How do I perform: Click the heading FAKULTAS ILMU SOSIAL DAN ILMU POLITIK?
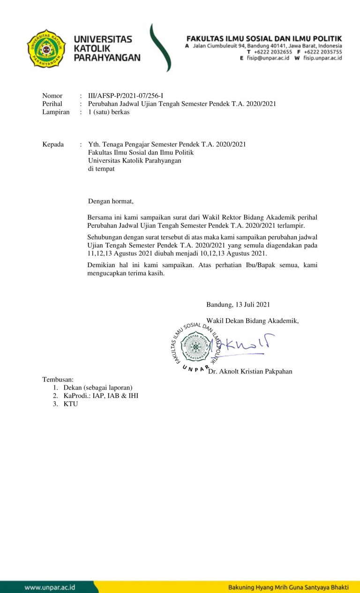pyautogui.click(x=264, y=38)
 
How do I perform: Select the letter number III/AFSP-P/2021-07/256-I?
pyautogui.click(x=126, y=96)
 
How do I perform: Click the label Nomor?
pyautogui.click(x=52, y=96)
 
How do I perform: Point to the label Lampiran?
pyautogui.click(x=56, y=112)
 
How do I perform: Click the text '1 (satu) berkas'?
pyautogui.click(x=109, y=112)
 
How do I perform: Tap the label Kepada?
pyautogui.click(x=53, y=144)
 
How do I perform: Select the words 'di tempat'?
pyautogui.click(x=101, y=168)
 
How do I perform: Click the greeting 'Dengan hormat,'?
pyautogui.click(x=111, y=201)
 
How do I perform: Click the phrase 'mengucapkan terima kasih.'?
pyautogui.click(x=126, y=274)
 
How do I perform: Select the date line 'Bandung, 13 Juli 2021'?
pyautogui.click(x=238, y=304)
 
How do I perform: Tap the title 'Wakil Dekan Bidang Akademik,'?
pyautogui.click(x=253, y=321)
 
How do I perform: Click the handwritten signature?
pyautogui.click(x=244, y=345)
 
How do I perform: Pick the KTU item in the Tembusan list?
pyautogui.click(x=71, y=404)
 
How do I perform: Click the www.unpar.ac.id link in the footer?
pyautogui.click(x=50, y=587)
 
